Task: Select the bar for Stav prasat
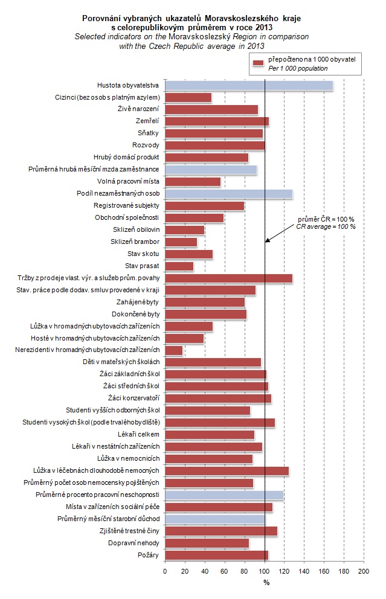click(179, 266)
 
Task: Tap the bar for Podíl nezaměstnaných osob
click(228, 194)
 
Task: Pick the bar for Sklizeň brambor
click(181, 242)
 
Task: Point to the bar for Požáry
click(216, 555)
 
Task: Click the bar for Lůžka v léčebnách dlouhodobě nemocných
click(227, 470)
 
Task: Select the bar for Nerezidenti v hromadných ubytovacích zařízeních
click(174, 350)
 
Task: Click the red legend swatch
click(259, 63)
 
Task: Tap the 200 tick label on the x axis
click(364, 571)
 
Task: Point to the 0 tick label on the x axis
click(165, 571)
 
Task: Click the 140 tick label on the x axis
click(304, 571)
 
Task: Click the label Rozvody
click(146, 146)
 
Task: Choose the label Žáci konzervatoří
click(133, 399)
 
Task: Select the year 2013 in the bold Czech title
click(263, 27)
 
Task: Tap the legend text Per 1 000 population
click(298, 68)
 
